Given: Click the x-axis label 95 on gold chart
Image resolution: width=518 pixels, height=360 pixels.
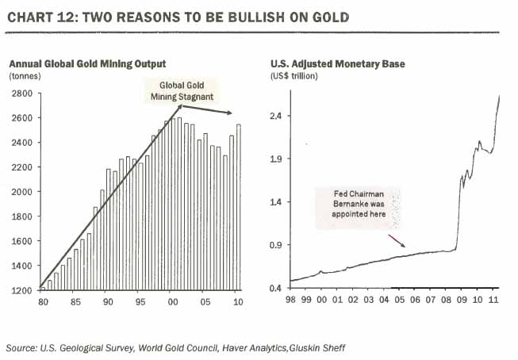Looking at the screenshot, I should click(x=140, y=301).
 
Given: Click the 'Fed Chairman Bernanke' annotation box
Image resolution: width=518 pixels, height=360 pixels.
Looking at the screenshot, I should click(x=357, y=209).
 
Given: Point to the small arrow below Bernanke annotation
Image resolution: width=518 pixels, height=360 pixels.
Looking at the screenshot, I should click(x=397, y=240).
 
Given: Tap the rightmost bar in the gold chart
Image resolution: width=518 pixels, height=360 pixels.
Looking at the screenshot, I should click(x=239, y=208).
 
